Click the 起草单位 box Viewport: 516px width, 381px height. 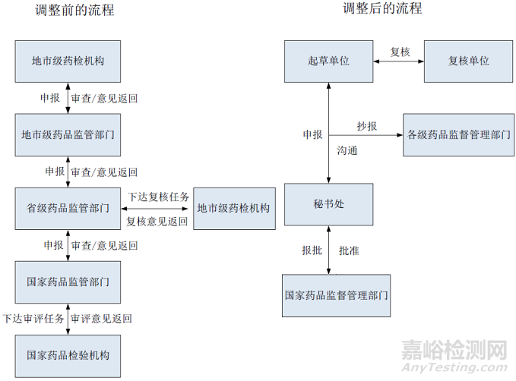pos(328,61)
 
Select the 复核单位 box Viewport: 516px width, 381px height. pos(467,61)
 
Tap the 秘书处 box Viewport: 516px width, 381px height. pos(328,204)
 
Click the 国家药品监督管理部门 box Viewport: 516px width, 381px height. pos(337,294)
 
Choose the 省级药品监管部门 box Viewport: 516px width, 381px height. pos(68,207)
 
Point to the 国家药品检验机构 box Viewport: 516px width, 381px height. pos(68,354)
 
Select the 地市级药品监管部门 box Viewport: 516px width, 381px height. pos(68,135)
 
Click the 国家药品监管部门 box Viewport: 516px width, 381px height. pos(68,281)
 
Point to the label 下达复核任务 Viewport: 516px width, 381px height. pos(158,195)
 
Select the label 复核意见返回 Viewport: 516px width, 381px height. pos(157,222)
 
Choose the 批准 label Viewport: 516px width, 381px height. pos(350,250)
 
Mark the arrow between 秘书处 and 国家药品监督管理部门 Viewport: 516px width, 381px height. pos(328,250)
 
